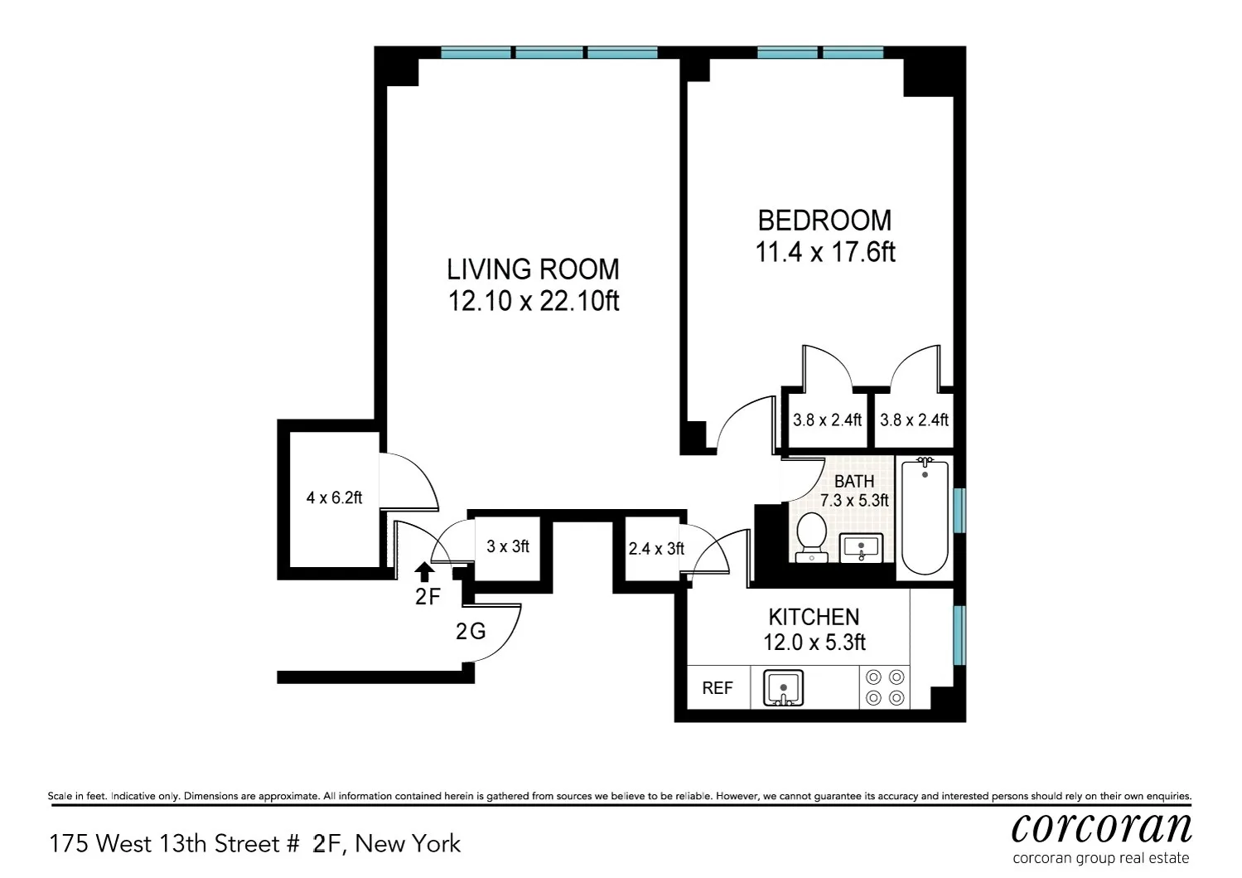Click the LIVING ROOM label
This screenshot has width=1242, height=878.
[533, 269]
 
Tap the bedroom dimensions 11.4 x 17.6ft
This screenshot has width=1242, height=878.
[824, 252]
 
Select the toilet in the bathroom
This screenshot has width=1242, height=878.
[810, 536]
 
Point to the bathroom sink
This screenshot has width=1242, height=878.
[862, 548]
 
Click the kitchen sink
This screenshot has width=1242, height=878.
[783, 688]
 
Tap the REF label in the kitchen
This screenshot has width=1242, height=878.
[718, 688]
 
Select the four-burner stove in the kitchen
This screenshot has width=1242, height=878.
[884, 687]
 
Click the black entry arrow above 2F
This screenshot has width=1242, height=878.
[424, 570]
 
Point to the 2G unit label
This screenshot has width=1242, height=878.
[471, 632]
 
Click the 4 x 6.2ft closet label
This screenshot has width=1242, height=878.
[334, 498]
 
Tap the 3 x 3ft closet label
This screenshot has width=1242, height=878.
[507, 546]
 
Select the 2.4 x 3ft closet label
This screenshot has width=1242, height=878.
[656, 549]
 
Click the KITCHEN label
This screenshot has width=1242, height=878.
[814, 617]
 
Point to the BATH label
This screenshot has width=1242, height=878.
[853, 482]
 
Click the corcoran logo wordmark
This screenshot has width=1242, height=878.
[1101, 827]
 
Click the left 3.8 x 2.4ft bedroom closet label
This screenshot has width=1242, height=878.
[827, 420]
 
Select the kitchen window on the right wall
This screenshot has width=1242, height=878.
[959, 634]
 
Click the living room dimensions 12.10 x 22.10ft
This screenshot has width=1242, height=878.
[533, 301]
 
